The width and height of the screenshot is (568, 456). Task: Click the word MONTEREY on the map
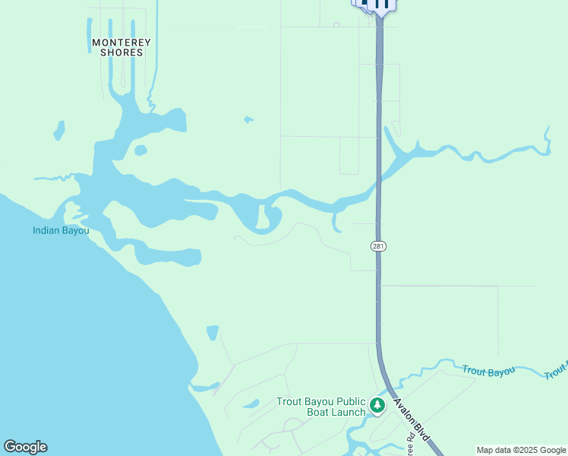(121, 42)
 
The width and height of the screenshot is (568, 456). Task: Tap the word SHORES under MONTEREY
(121, 52)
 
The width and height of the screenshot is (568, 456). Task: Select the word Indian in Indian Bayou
(46, 230)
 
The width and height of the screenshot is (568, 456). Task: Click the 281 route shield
(378, 245)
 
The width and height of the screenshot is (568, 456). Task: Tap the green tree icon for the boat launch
(377, 406)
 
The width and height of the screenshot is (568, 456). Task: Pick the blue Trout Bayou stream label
(488, 371)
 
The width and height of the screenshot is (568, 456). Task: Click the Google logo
(25, 447)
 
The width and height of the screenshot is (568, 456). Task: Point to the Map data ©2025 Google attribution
(522, 450)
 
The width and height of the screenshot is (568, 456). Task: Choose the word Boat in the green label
(318, 413)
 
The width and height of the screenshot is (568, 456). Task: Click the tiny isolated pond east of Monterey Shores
(248, 119)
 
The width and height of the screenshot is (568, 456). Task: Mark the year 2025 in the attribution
(527, 450)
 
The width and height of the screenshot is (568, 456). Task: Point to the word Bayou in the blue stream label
(500, 372)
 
